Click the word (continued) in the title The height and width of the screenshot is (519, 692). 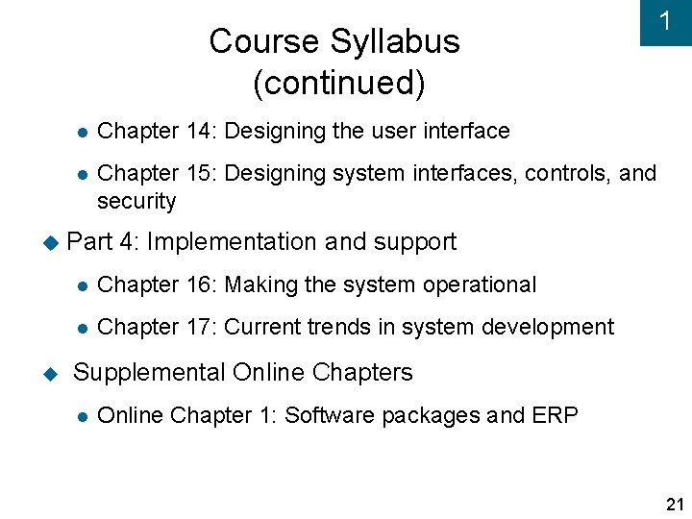(338, 84)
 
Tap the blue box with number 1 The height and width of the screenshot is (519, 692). (665, 22)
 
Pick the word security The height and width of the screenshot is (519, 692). (136, 202)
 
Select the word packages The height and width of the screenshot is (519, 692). (430, 416)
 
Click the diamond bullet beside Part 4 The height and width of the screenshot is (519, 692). (51, 242)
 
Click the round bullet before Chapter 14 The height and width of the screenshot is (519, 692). (84, 132)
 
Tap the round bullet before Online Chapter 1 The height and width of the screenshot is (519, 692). (84, 417)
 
